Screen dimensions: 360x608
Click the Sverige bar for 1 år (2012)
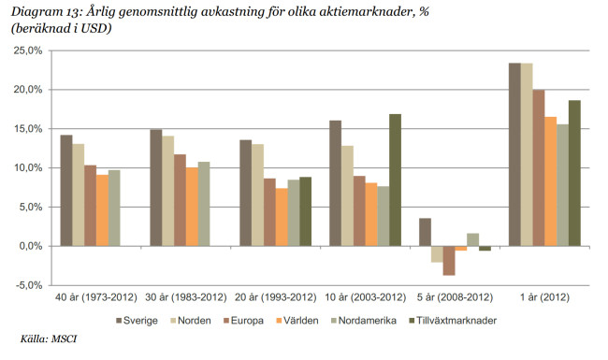click(x=514, y=154)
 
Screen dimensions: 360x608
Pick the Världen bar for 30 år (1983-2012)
click(x=193, y=207)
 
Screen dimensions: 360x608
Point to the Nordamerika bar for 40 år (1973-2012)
click(x=114, y=208)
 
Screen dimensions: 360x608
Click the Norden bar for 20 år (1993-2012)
click(x=257, y=194)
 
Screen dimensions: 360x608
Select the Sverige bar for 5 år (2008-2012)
click(x=426, y=232)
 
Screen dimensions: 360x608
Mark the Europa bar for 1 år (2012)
click(x=539, y=167)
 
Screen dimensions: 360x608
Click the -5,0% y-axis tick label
click(x=24, y=285)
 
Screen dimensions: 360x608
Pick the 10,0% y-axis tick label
click(x=24, y=168)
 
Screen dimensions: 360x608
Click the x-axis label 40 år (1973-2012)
click(x=90, y=296)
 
